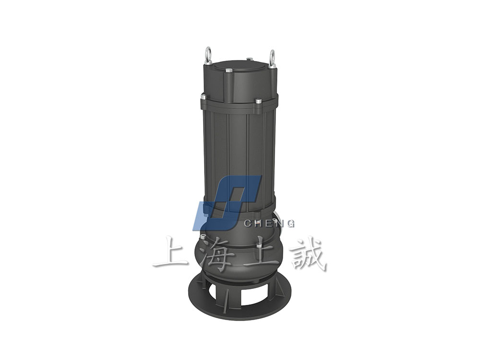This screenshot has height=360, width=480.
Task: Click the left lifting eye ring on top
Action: (x=208, y=55)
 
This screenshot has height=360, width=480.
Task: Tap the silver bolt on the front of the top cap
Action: (x=228, y=71)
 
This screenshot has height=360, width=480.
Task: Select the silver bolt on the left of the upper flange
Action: (x=204, y=97)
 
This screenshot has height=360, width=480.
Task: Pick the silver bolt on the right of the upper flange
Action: (x=258, y=101)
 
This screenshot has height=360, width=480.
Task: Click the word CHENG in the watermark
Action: (x=269, y=224)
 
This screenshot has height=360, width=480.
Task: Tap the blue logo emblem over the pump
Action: (x=227, y=203)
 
